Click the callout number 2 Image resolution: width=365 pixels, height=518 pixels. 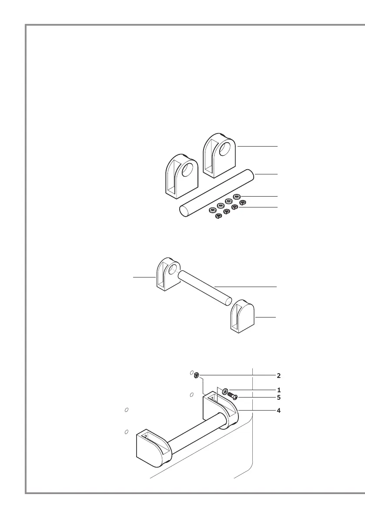pos(279,375)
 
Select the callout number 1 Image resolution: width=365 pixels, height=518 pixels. pos(279,390)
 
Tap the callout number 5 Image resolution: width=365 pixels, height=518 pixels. pos(279,397)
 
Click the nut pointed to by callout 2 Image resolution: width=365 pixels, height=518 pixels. pos(197,375)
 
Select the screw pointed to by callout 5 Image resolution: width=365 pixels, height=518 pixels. pos(233,396)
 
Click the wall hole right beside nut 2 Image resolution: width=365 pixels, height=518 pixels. pos(191,373)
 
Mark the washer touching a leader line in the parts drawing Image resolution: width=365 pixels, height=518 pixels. pos(238,197)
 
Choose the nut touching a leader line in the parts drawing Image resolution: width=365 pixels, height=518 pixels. pos(235,207)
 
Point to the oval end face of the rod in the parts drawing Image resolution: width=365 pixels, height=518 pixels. pos(184,211)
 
